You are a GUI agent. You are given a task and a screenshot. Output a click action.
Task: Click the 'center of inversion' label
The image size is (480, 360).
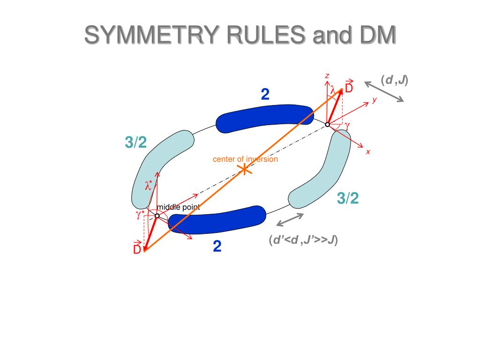[x=245, y=159]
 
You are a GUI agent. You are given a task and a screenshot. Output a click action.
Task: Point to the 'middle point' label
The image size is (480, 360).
[x=178, y=207]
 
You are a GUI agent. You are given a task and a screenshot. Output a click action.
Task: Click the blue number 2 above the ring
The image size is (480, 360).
[x=265, y=95]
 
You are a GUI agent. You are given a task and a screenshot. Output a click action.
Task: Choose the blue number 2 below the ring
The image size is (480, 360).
[x=217, y=246]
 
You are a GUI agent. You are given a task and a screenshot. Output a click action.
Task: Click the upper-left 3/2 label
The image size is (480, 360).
[x=136, y=142]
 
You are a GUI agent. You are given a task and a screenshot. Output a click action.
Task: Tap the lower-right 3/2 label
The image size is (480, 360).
[x=348, y=199]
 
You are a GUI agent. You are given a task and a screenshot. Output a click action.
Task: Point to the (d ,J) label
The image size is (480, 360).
[x=394, y=80]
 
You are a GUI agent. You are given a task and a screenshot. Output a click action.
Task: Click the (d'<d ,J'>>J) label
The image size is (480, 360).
[x=303, y=240]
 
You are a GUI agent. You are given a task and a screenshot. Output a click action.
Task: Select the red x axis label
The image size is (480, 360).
[x=368, y=152]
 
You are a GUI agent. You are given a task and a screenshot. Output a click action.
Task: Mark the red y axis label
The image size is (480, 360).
[x=375, y=100]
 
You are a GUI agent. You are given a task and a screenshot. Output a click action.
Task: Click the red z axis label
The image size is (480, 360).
[x=327, y=75]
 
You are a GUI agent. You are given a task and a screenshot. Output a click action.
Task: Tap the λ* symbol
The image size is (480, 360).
[x=149, y=186]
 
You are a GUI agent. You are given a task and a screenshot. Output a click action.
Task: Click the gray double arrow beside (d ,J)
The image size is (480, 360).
[x=384, y=91]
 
